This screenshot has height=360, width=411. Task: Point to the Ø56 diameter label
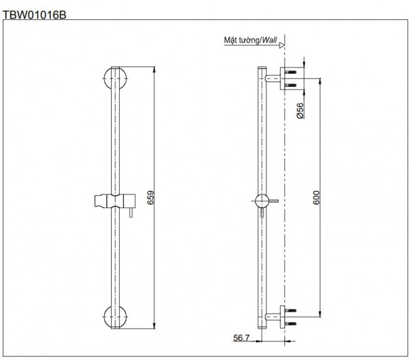click(x=300, y=110)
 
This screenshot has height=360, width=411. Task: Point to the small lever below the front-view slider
click(x=126, y=214)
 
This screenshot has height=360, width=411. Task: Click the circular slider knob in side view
click(x=260, y=201)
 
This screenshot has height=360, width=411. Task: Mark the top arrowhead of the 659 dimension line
click(x=153, y=69)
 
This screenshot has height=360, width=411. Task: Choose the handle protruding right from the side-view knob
click(x=273, y=201)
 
